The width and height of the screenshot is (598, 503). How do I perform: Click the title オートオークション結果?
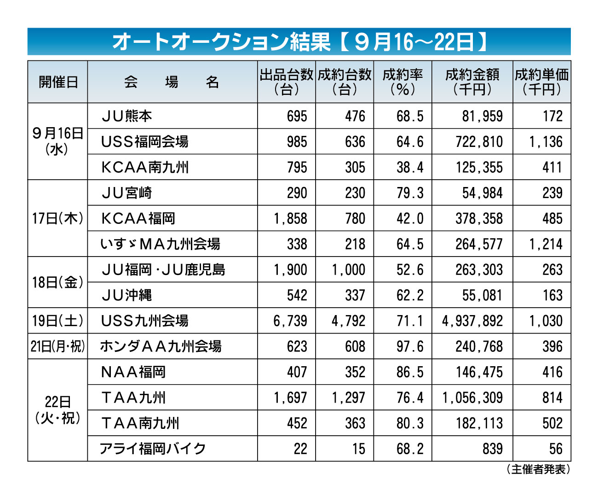(221, 42)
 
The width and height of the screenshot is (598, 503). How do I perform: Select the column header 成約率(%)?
(402, 82)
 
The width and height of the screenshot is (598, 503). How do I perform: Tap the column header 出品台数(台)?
(287, 82)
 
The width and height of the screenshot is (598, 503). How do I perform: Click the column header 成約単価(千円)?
(541, 82)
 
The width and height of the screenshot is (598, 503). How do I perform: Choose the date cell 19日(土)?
(57, 321)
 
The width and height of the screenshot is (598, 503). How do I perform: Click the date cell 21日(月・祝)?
(57, 346)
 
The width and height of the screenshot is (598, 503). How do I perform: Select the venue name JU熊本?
(126, 116)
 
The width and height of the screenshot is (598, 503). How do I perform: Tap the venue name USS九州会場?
(144, 321)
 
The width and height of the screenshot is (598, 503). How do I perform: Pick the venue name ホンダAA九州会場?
(161, 346)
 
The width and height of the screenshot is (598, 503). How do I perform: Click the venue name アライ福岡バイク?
(153, 449)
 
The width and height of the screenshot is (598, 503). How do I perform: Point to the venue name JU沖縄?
(126, 295)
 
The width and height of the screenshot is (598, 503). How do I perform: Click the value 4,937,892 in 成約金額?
(472, 321)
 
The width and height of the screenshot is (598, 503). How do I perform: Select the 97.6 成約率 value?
(410, 346)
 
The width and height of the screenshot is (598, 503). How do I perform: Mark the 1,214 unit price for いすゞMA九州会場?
(546, 244)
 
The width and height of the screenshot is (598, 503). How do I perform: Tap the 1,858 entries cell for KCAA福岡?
(290, 218)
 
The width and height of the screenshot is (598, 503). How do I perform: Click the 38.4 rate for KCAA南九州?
(410, 167)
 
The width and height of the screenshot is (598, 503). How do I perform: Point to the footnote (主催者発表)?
(538, 469)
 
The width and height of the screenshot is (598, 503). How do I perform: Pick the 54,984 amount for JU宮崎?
(482, 193)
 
